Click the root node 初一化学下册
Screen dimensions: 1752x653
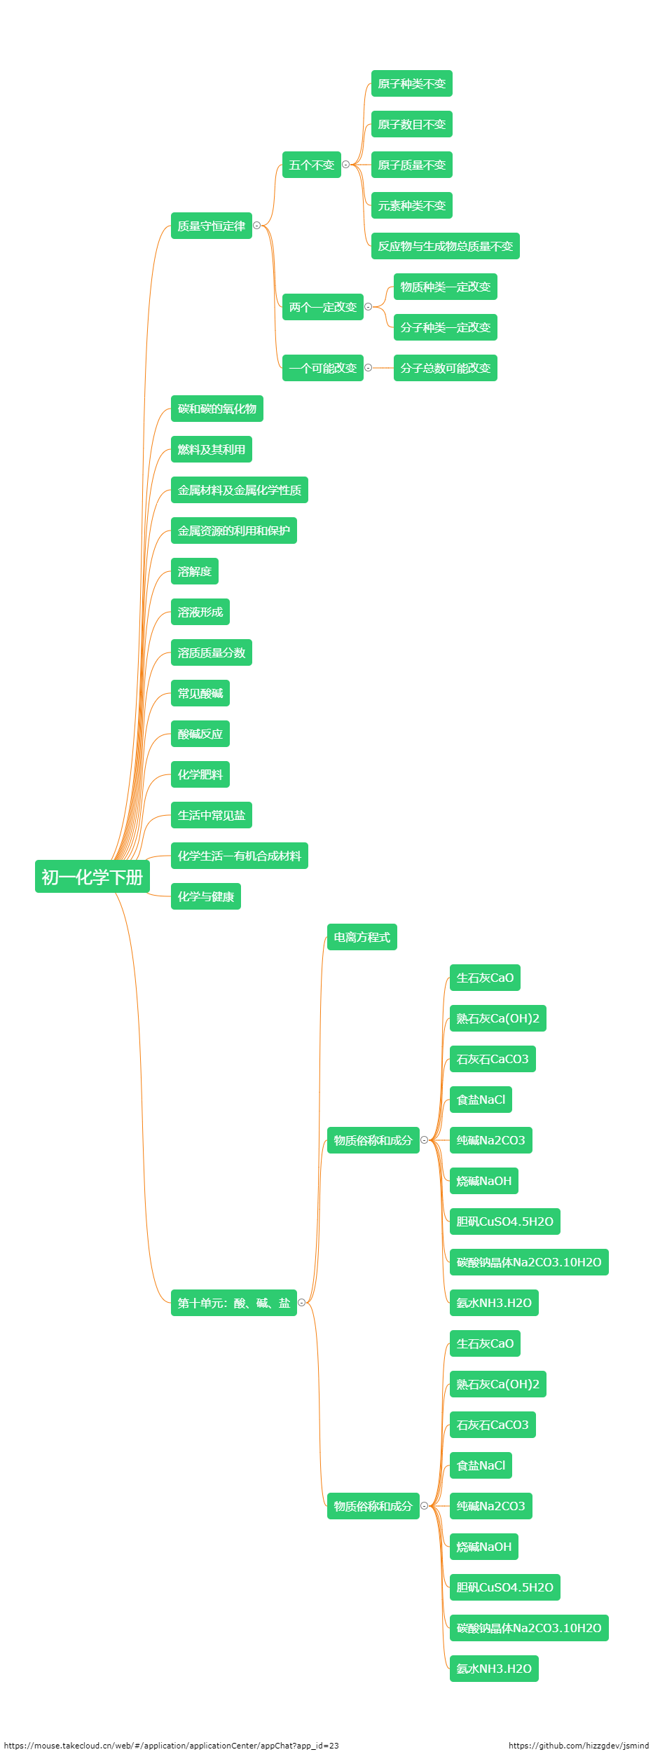[92, 877]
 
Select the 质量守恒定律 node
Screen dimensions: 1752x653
[211, 226]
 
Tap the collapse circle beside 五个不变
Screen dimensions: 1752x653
[345, 165]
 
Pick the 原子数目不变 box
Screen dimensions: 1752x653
[411, 125]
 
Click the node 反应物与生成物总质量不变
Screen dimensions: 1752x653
[445, 246]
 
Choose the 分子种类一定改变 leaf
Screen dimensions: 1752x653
[445, 327]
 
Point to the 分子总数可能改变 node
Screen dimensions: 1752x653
[445, 368]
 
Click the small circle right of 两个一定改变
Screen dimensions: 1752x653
[369, 307]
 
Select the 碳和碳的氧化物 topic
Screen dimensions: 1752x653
[216, 409]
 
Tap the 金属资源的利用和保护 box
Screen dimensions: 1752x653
[233, 531]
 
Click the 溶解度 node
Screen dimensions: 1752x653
[194, 571]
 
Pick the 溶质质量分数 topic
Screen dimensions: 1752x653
[211, 652]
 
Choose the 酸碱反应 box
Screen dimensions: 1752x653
[200, 734]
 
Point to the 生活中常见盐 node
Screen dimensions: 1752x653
[211, 815]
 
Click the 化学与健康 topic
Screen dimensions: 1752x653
[205, 896]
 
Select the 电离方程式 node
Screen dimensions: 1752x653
[362, 937]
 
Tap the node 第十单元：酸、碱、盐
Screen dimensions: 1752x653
[233, 1303]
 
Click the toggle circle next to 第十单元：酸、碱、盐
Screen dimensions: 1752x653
[302, 1303]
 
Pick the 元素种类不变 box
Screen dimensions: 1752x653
[411, 205]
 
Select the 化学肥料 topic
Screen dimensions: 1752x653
[200, 774]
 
